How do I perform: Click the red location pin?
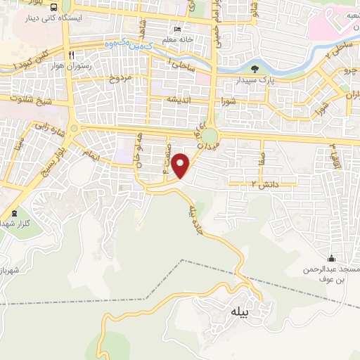(182, 165)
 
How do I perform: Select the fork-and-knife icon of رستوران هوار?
(71, 55)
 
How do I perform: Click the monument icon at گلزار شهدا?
(15, 213)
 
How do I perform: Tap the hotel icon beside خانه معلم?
(176, 30)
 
